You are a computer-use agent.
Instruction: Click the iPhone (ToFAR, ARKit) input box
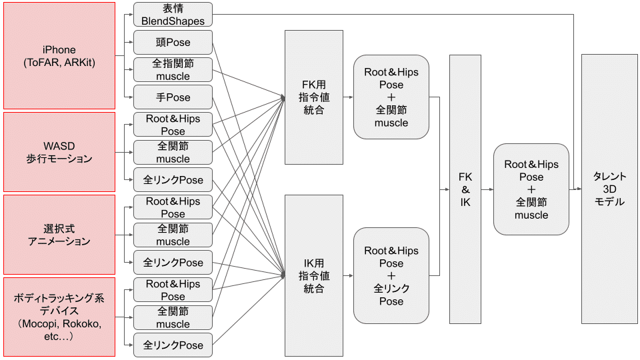tap(59, 56)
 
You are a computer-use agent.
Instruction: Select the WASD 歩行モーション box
tap(59, 152)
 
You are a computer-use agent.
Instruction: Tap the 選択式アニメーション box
tap(59, 235)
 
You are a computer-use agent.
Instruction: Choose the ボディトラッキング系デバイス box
tap(59, 317)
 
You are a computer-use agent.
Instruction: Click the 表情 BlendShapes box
tap(173, 15)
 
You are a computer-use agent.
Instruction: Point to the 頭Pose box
tap(173, 43)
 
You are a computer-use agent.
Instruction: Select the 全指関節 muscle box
tap(173, 70)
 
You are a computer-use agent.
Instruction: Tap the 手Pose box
tap(173, 97)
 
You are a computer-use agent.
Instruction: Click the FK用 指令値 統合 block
tap(313, 97)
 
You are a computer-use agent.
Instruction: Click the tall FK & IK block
tap(465, 189)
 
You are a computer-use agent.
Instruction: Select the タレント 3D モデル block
tap(609, 189)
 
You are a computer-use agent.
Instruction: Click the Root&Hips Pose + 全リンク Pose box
tap(391, 275)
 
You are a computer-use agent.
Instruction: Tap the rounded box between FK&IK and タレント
tap(531, 189)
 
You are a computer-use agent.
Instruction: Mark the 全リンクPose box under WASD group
tap(173, 180)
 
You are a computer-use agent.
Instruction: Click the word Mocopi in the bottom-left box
tap(39, 324)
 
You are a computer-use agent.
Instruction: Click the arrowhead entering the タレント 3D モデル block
tap(578, 189)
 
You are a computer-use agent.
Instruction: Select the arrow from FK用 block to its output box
tap(348, 97)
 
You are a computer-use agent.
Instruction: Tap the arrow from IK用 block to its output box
tap(348, 275)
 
